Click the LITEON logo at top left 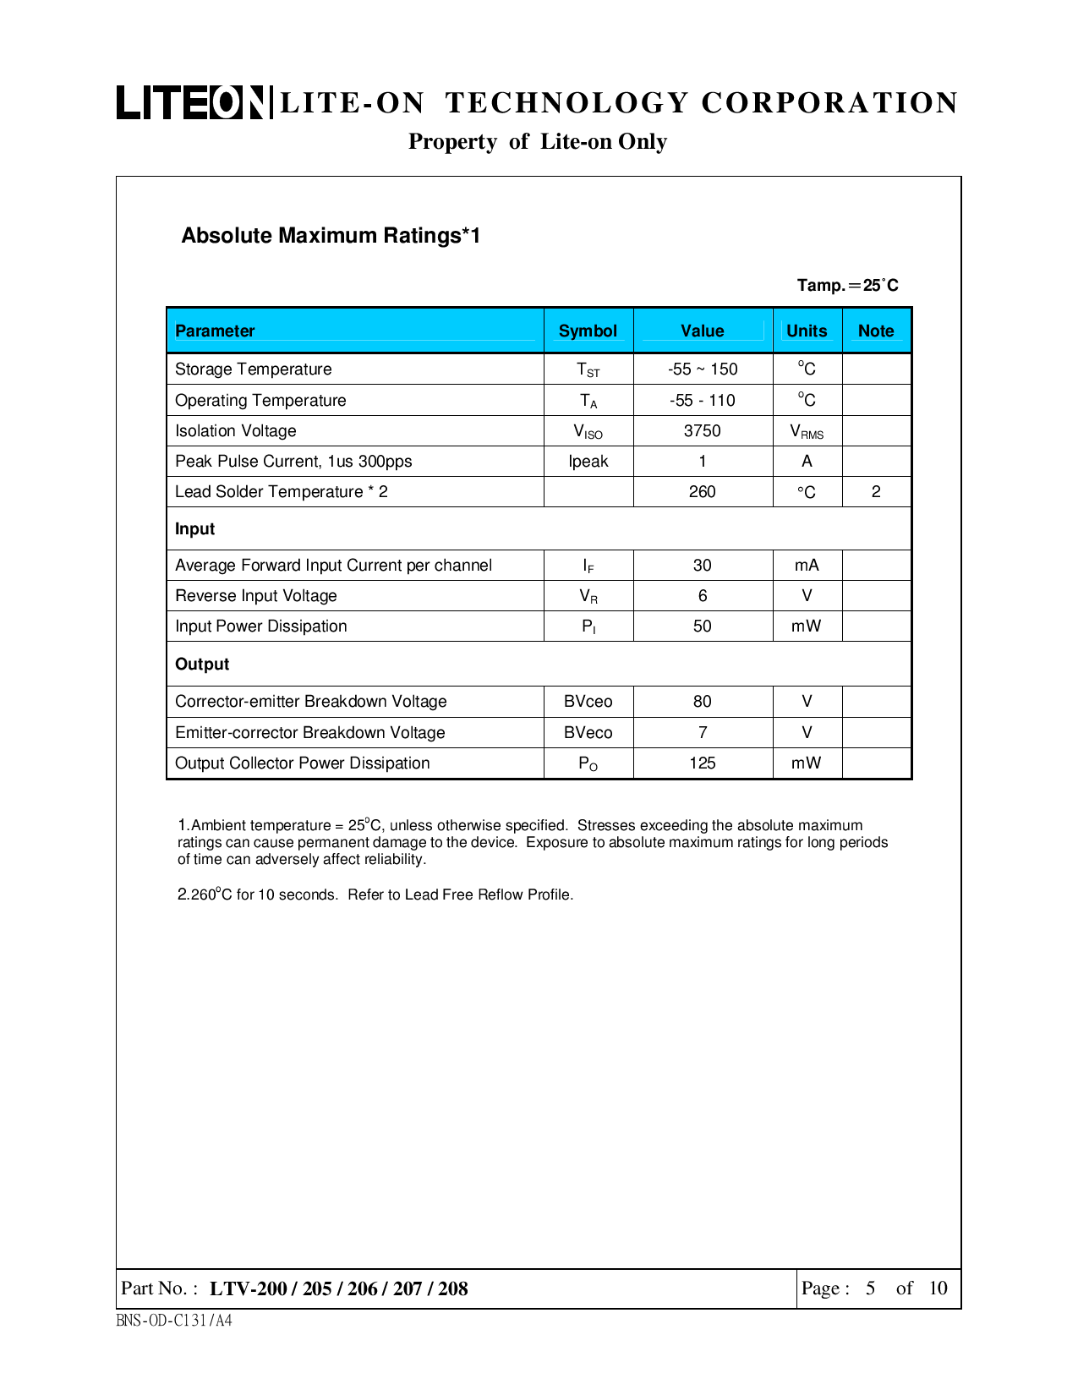click(x=194, y=102)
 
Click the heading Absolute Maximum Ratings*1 click(x=331, y=236)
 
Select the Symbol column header click(x=588, y=331)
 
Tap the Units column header click(x=807, y=331)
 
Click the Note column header click(x=876, y=331)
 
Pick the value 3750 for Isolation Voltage click(x=702, y=431)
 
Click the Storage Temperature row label click(x=253, y=369)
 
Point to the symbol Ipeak click(x=588, y=462)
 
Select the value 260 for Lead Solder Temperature click(x=702, y=492)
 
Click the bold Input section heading click(x=195, y=529)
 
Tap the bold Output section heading click(x=202, y=665)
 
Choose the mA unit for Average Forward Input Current click(x=807, y=566)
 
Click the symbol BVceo click(x=588, y=702)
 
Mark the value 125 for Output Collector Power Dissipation click(x=702, y=763)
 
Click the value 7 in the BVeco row click(x=702, y=733)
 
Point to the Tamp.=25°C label click(x=847, y=286)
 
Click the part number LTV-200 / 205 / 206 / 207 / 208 click(x=338, y=1288)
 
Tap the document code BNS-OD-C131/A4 click(x=174, y=1321)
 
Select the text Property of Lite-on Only click(x=538, y=142)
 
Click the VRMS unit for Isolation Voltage click(x=807, y=432)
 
